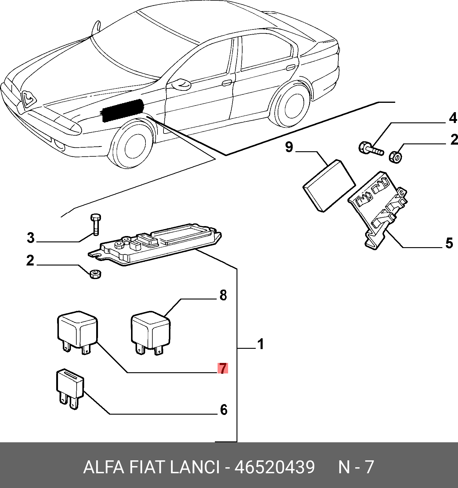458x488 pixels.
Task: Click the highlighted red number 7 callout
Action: click(x=223, y=368)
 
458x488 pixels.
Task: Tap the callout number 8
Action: click(x=223, y=295)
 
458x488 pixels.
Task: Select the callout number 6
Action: click(x=224, y=410)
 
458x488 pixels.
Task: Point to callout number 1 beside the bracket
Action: click(x=261, y=344)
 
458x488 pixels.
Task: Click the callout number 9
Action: click(x=289, y=147)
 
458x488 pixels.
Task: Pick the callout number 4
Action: click(x=453, y=118)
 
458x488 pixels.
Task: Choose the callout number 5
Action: click(x=449, y=243)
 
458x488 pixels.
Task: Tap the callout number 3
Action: click(x=31, y=238)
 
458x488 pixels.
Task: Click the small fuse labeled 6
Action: click(x=70, y=389)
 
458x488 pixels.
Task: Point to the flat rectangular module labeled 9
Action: click(x=329, y=186)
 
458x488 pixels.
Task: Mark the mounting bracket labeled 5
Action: click(x=378, y=209)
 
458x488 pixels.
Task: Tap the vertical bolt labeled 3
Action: click(x=95, y=224)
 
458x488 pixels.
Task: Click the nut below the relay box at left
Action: click(x=96, y=274)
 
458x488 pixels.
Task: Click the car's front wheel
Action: click(x=132, y=144)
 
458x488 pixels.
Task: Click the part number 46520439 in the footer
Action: click(x=274, y=467)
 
